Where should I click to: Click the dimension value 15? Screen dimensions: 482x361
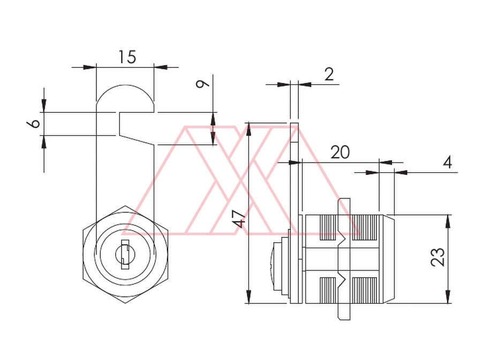coord(127,57)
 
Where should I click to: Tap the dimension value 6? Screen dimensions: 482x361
coord(34,123)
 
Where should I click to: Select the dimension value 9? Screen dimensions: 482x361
coord(203,83)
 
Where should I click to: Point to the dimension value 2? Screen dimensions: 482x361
coord(329,74)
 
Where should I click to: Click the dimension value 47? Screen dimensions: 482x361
coord(240,219)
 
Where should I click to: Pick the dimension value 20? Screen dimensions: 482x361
coord(340,152)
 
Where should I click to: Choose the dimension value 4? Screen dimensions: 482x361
coord(448,162)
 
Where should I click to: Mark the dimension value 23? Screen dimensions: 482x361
coord(438,257)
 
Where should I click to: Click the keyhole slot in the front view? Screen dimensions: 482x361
coord(125,255)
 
